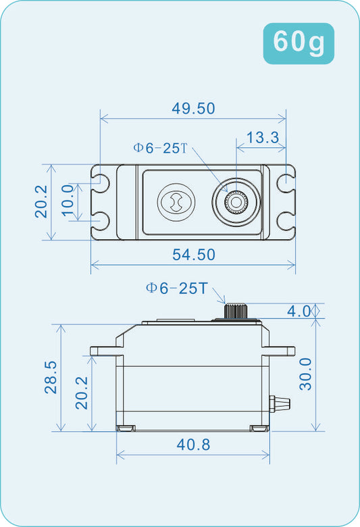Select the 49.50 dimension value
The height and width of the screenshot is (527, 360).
pyautogui.click(x=193, y=109)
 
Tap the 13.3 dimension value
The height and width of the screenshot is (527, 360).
pyautogui.click(x=262, y=138)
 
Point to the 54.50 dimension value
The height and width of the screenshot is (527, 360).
pyautogui.click(x=193, y=255)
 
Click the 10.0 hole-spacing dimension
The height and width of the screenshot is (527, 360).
pyautogui.click(x=68, y=201)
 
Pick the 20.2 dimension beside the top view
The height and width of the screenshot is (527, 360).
pyautogui.click(x=41, y=201)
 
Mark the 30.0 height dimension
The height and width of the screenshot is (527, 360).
pyautogui.click(x=307, y=374)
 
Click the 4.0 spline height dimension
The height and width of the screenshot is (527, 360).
pyautogui.click(x=299, y=311)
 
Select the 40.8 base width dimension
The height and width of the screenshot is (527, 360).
pyautogui.click(x=193, y=445)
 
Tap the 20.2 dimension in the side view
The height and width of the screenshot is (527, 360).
pyautogui.click(x=82, y=393)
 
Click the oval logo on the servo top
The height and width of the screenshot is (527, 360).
pyautogui.click(x=174, y=202)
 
